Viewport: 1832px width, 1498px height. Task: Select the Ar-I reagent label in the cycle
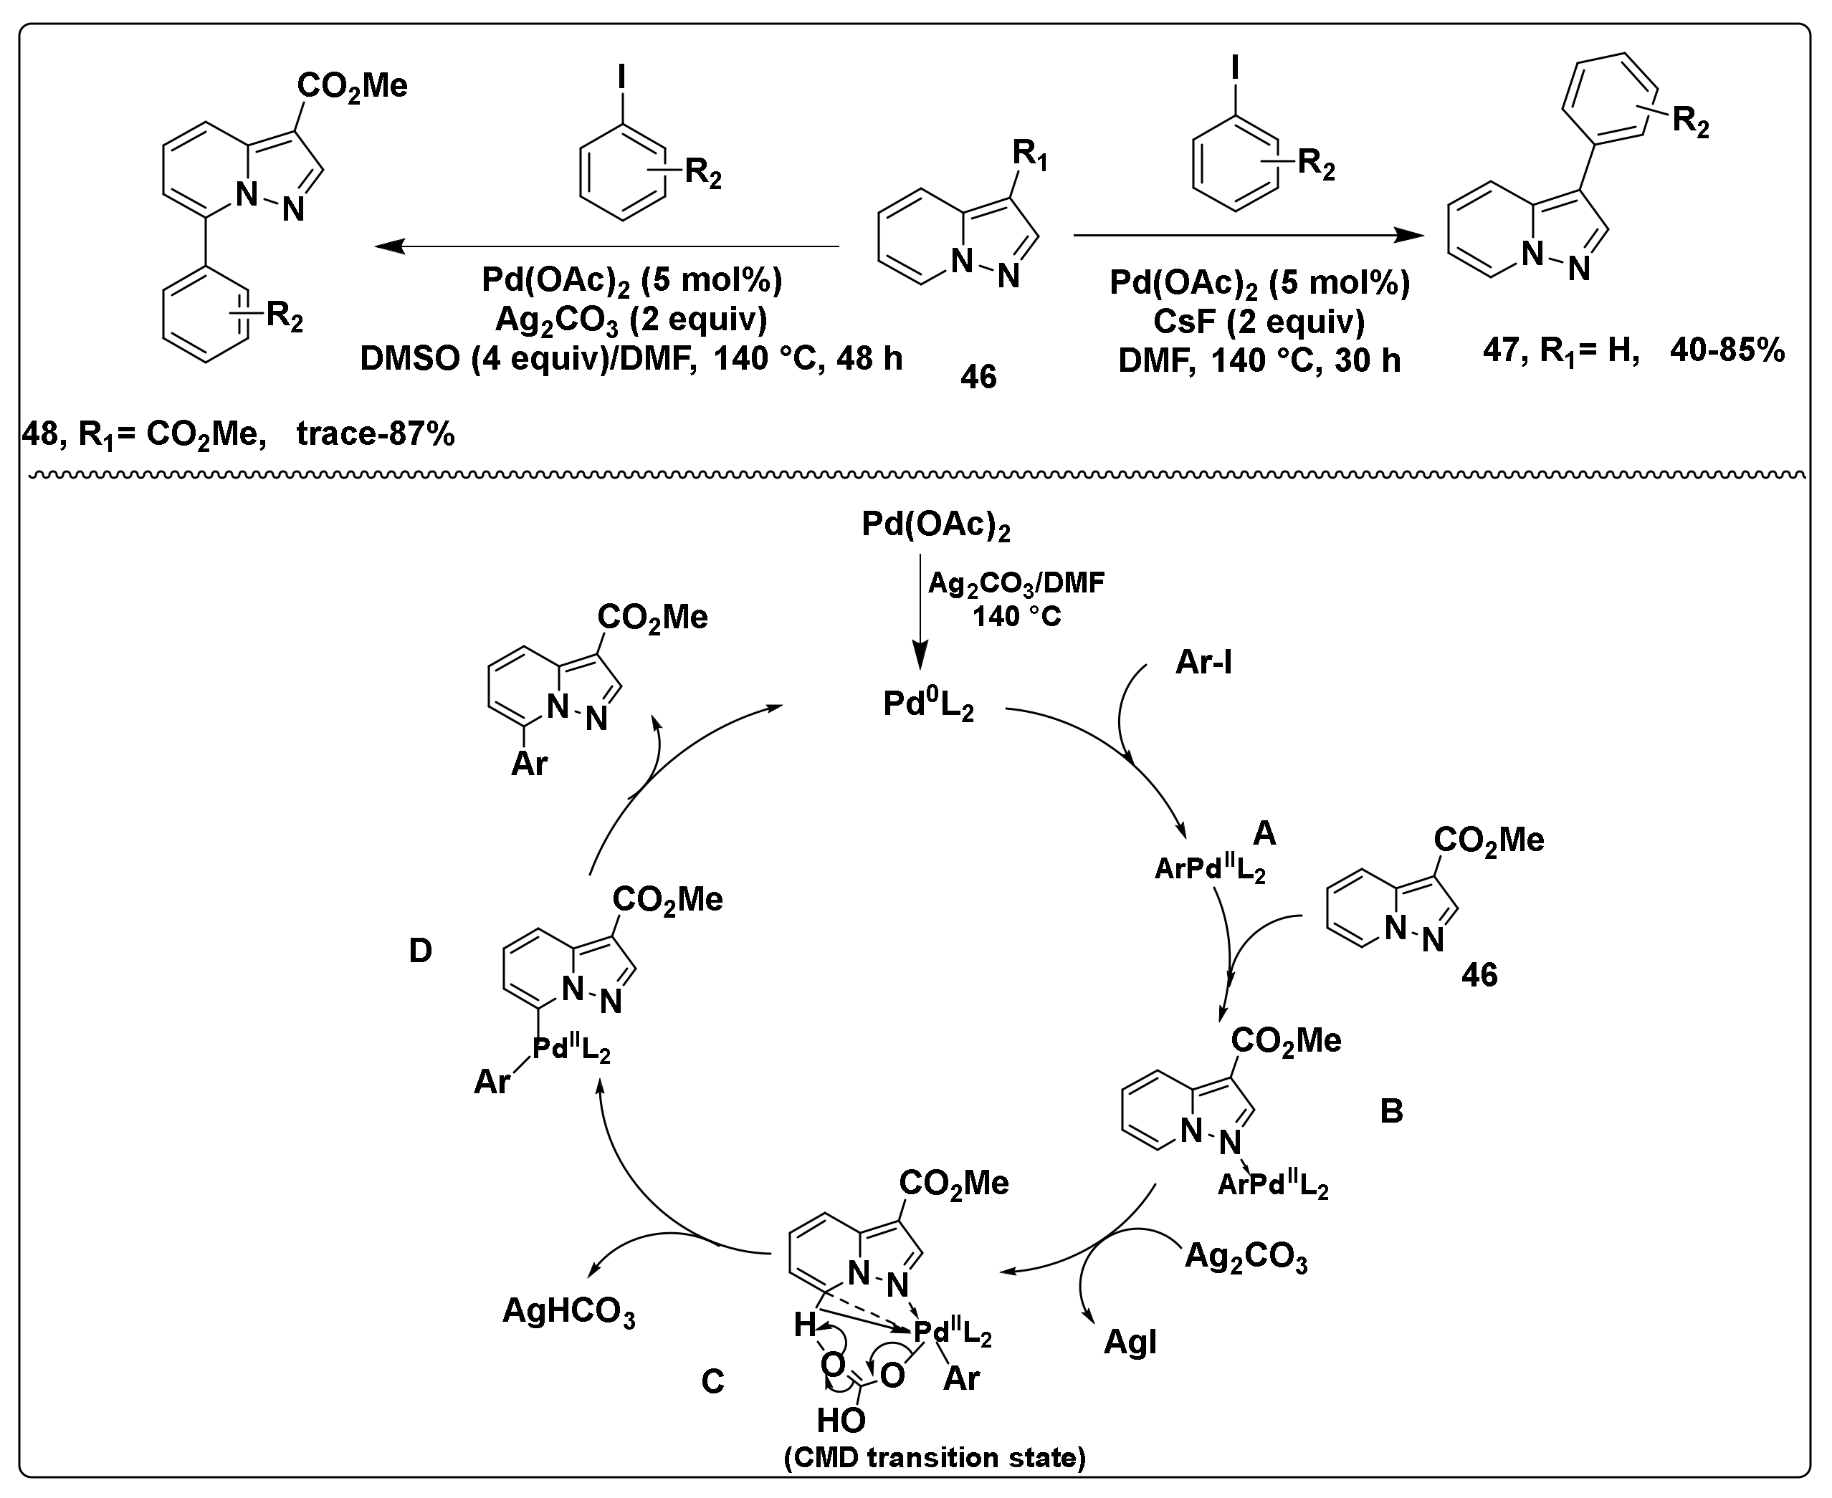[1203, 663]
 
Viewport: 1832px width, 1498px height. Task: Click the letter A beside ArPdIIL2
[1263, 832]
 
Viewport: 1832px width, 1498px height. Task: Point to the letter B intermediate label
[1390, 1111]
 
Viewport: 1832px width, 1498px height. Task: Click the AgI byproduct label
[1130, 1343]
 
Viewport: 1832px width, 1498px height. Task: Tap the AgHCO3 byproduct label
[568, 1313]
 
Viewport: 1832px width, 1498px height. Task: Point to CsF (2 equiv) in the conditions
[1259, 322]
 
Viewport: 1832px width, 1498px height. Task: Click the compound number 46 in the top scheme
[978, 377]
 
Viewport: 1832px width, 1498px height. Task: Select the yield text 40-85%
[1727, 350]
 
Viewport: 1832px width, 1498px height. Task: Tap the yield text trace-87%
[376, 434]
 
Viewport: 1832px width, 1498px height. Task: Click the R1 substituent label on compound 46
[1029, 155]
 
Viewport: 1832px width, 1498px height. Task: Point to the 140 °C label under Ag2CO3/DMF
[1016, 617]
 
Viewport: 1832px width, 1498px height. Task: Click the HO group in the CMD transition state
[841, 1419]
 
